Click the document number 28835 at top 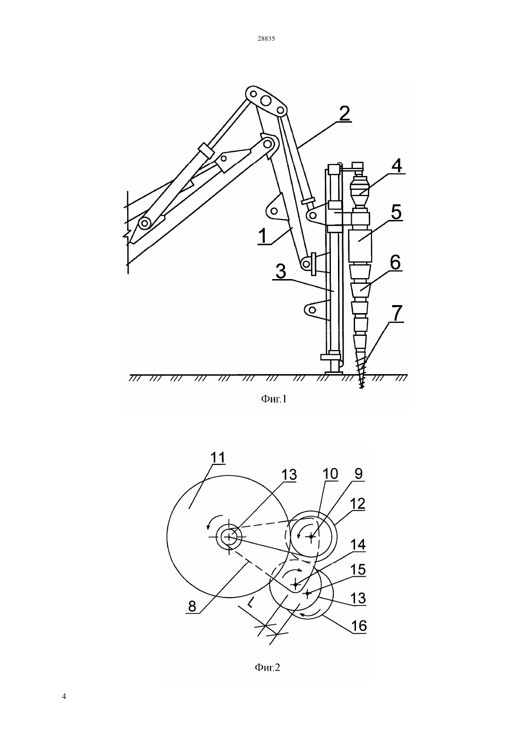click(266, 38)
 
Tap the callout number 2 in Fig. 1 click(344, 114)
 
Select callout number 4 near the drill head click(397, 166)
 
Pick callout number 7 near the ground click(397, 313)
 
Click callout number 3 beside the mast click(281, 272)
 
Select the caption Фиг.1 click(274, 399)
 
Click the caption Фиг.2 click(267, 668)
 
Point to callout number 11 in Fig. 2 click(218, 458)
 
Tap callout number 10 click(330, 474)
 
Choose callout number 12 click(357, 504)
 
